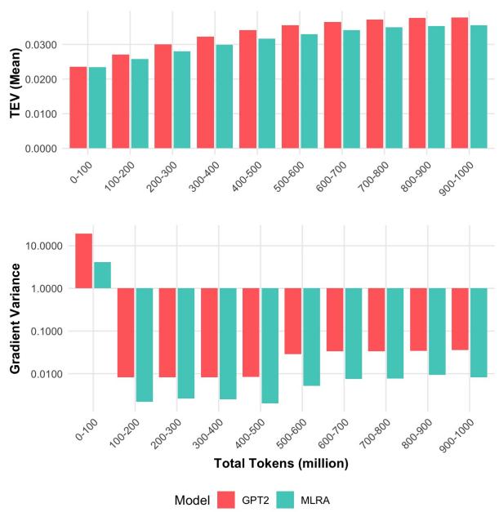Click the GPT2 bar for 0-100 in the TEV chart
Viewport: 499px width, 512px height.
point(78,108)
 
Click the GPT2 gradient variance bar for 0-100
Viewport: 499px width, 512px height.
point(83,260)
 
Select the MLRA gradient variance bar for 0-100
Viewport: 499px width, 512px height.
point(102,275)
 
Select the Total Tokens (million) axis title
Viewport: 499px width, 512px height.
point(281,463)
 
